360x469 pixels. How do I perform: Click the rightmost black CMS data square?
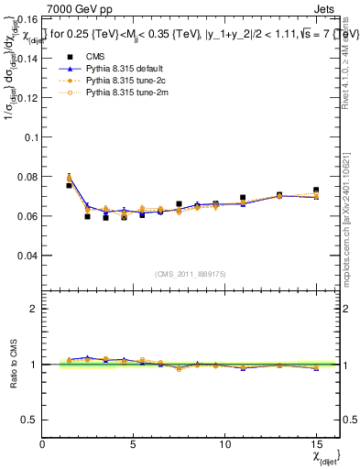point(316,191)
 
